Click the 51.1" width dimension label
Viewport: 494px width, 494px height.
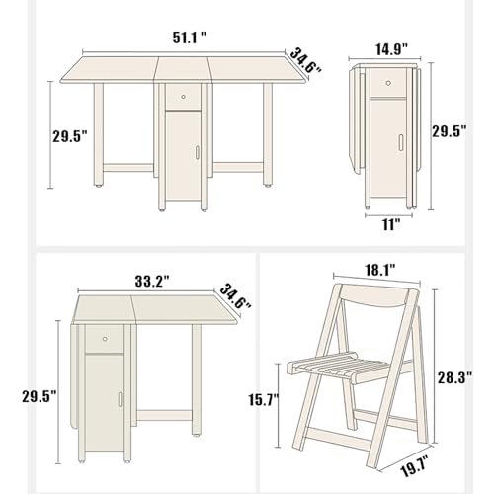(x=190, y=39)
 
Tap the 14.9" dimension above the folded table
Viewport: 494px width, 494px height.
(x=392, y=49)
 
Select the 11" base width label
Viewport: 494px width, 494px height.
(x=391, y=225)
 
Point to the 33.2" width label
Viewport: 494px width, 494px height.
(x=152, y=282)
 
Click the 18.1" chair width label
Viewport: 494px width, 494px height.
(x=379, y=271)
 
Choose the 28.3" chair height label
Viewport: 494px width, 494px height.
(x=454, y=377)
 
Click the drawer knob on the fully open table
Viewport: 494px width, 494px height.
(x=183, y=97)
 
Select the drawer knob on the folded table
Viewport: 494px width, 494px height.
(x=389, y=83)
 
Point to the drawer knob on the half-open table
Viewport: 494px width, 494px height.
(x=105, y=339)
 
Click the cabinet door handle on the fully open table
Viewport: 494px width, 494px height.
(x=197, y=152)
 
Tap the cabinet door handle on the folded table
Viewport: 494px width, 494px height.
(x=401, y=142)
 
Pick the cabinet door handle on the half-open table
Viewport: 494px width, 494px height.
(x=120, y=399)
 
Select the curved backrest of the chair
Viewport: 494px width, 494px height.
(x=378, y=296)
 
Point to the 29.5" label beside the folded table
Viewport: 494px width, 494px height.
(x=450, y=131)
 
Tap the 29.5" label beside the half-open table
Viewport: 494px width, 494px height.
(x=40, y=396)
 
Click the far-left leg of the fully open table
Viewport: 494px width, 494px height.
(x=99, y=135)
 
